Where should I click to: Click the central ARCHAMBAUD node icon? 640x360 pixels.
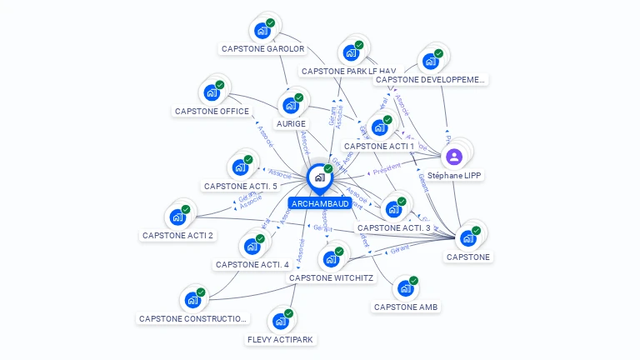coord(319,177)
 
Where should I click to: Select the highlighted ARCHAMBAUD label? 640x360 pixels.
coord(320,203)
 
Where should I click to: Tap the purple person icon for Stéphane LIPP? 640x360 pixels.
coord(454,157)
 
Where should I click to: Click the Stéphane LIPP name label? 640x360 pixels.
coord(454,176)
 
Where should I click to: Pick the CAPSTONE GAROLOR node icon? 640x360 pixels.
coord(262,31)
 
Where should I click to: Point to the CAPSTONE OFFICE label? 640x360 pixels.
coord(212,111)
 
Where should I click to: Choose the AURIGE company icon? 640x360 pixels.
coord(291,105)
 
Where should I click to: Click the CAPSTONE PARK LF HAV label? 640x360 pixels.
coord(348,72)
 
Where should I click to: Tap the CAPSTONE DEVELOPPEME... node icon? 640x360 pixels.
coord(431,61)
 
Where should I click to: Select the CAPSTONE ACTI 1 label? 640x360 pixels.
coord(379,146)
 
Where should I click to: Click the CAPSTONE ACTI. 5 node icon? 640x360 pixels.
coord(240,167)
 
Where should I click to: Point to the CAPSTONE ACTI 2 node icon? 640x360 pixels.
coord(177,217)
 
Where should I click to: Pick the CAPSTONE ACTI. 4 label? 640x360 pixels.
coord(252,264)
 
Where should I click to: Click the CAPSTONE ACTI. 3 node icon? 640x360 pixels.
coord(393,209)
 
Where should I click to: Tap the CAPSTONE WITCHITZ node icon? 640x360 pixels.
coord(332,258)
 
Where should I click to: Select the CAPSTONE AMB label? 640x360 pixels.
coord(406,307)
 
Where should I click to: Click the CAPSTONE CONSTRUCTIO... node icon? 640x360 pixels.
coord(192,300)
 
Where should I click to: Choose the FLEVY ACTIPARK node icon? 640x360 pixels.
coord(281,321)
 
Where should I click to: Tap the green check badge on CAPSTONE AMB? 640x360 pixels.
coord(413,281)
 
